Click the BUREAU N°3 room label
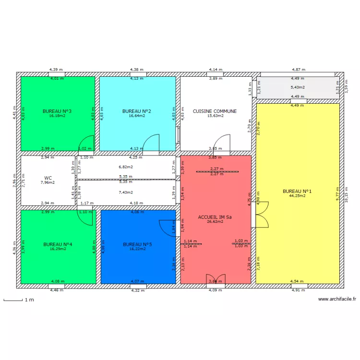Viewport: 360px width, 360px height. [57, 111]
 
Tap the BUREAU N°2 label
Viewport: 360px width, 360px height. [137, 111]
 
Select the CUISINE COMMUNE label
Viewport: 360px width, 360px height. [215, 111]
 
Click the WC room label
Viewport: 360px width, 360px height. [48, 178]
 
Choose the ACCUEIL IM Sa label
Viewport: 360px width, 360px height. [216, 217]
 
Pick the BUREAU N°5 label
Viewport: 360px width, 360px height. [137, 244]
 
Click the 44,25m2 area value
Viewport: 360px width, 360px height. [297, 196]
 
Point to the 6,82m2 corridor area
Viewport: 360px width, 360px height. [125, 167]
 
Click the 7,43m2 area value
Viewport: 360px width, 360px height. [125, 192]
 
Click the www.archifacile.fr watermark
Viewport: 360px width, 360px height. [337, 299]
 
